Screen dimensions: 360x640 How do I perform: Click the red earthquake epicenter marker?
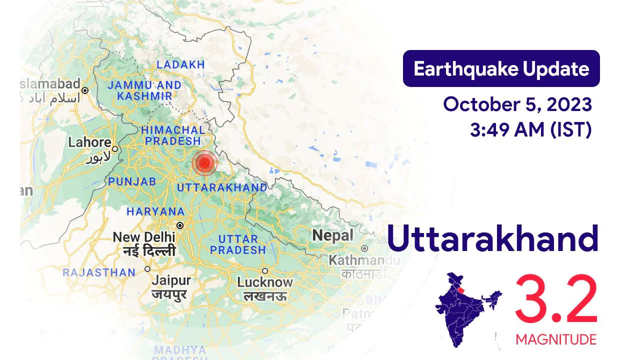204,163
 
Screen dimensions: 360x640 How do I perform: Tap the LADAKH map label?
181,64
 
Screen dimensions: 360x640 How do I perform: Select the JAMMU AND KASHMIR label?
144,90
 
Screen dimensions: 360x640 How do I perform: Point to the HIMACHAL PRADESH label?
173,135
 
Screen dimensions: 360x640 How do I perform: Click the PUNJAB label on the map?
132,181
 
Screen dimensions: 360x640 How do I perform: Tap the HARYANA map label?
155,211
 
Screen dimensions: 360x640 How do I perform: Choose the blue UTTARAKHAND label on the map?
222,187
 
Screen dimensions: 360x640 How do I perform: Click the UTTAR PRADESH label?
238,244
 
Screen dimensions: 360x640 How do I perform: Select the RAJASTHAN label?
99,272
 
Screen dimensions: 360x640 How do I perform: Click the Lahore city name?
89,142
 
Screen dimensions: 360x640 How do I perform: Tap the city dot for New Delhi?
180,225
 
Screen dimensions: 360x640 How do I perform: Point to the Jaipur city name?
171,280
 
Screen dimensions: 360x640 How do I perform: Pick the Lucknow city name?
265,282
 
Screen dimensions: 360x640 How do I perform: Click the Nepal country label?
332,235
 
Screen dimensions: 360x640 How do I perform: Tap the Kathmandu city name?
364,260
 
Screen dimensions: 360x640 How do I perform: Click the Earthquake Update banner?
501,68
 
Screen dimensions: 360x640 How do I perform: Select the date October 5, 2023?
517,105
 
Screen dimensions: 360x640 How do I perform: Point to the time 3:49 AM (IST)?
530,130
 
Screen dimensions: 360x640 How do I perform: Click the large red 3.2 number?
556,300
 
